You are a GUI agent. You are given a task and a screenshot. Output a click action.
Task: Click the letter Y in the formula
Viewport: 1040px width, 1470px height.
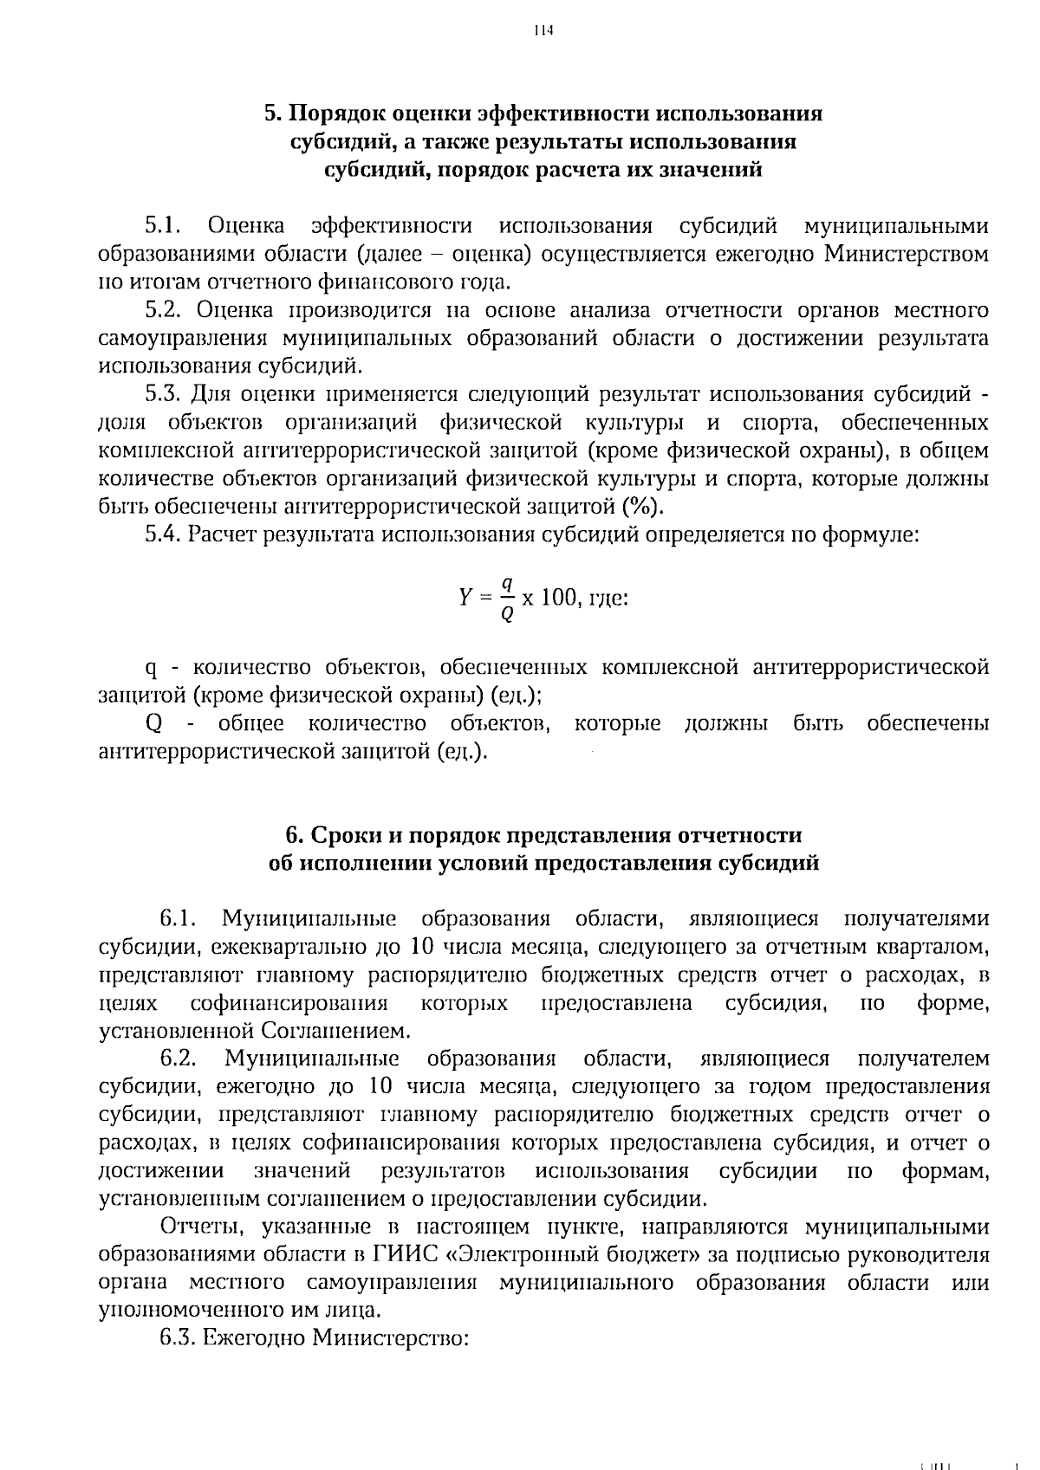464,598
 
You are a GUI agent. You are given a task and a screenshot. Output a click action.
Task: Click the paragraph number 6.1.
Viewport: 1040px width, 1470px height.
180,919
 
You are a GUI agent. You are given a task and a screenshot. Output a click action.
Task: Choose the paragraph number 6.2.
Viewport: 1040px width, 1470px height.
180,1059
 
